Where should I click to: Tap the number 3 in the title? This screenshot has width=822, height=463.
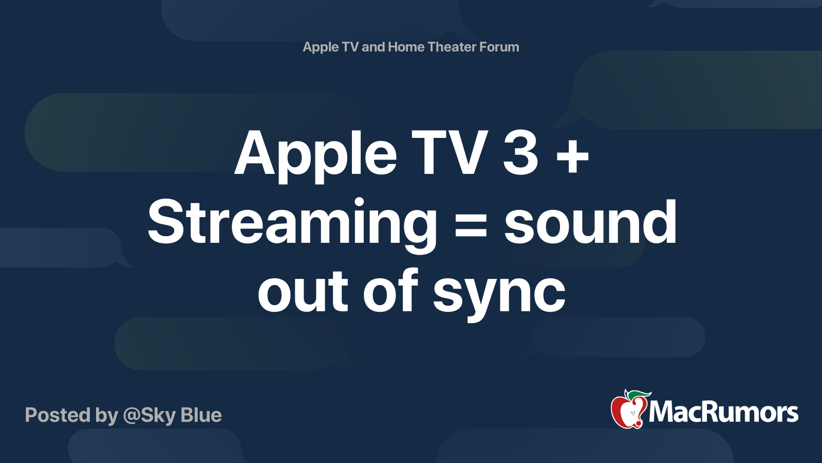(x=520, y=153)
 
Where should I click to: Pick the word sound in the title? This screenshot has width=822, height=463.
(x=590, y=222)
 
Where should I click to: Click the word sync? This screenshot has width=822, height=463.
(x=499, y=292)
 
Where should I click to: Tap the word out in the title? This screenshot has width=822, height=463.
(x=303, y=291)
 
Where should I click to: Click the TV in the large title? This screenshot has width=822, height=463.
(x=450, y=153)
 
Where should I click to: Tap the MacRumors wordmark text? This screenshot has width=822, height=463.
(x=723, y=413)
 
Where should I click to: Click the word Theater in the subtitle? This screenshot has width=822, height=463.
(x=452, y=47)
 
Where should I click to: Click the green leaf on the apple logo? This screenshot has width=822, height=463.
(x=638, y=395)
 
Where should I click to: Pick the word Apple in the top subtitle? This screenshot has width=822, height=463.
(x=321, y=47)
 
